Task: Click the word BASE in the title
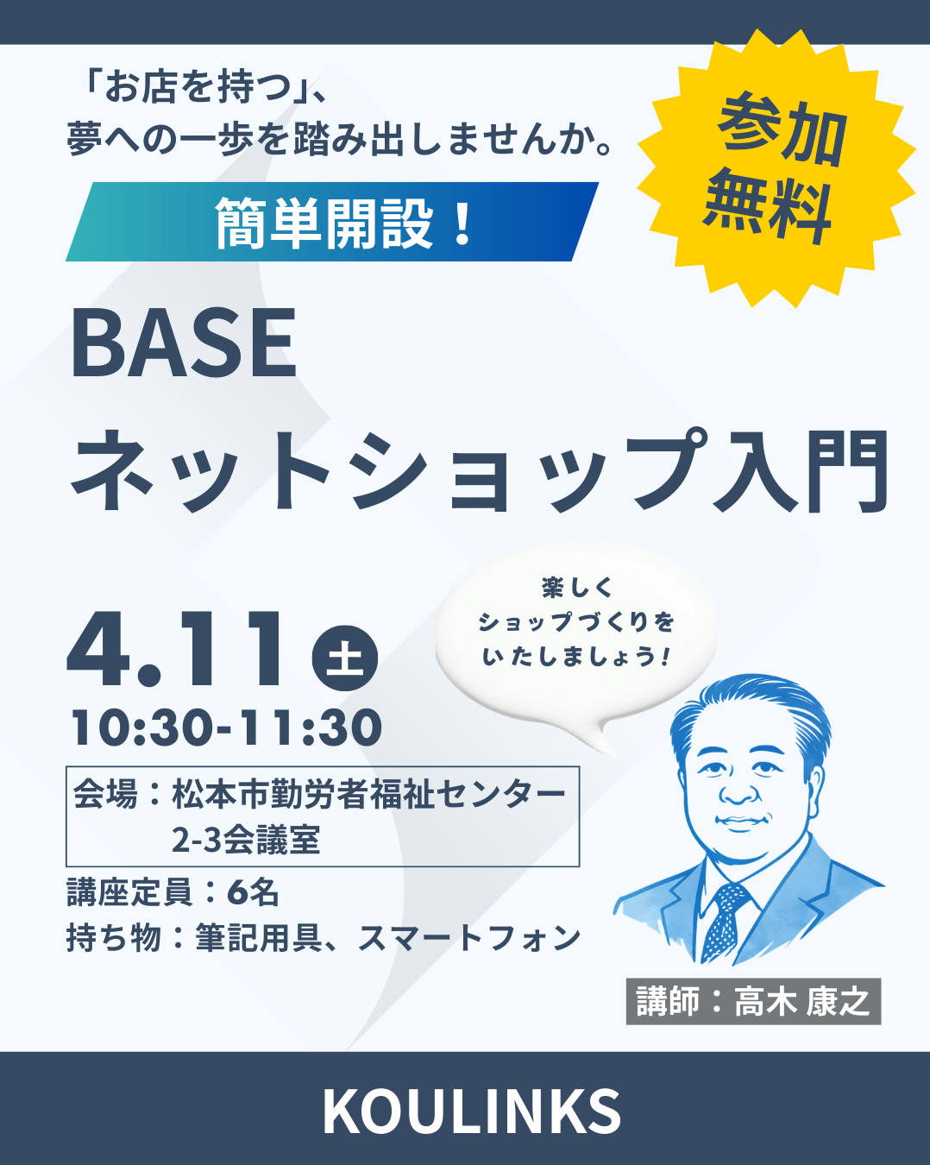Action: click(184, 343)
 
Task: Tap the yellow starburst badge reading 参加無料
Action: click(776, 168)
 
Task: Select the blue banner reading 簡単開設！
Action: click(332, 222)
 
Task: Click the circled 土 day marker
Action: click(345, 658)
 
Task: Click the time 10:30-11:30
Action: click(227, 727)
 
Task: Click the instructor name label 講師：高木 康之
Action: click(753, 1001)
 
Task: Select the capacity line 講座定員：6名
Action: click(173, 892)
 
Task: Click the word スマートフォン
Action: click(468, 938)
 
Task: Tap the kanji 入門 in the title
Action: click(800, 471)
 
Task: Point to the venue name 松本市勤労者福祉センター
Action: click(369, 794)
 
